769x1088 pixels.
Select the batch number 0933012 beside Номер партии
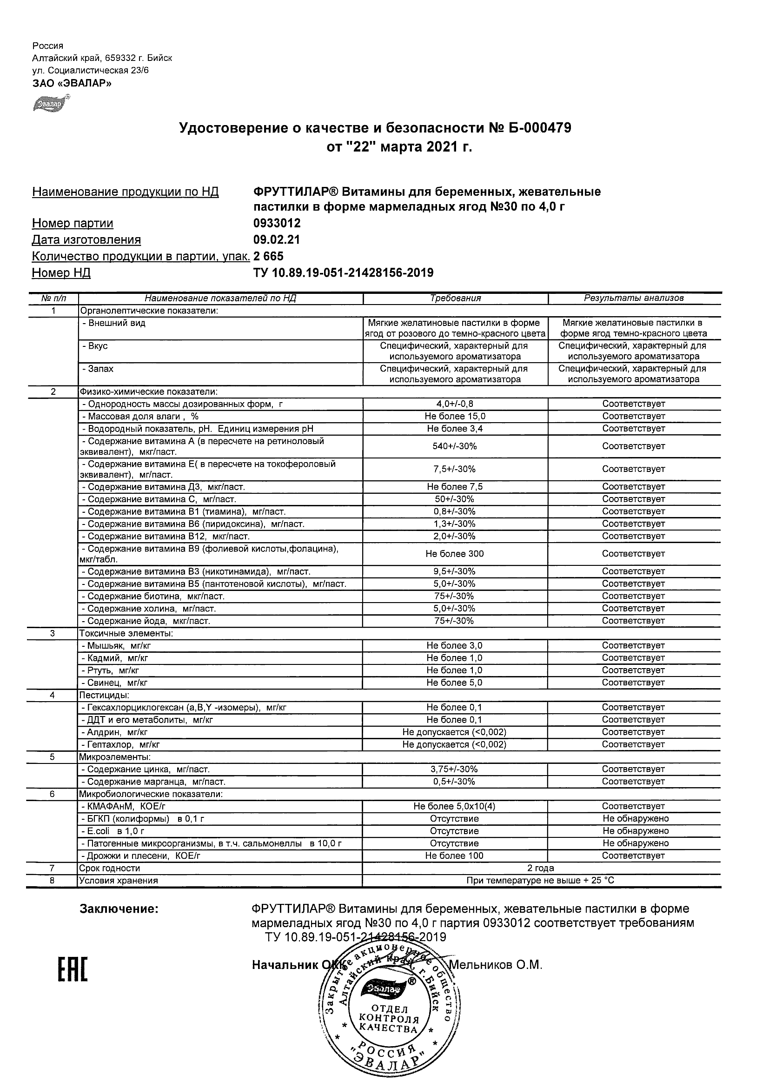pyautogui.click(x=277, y=223)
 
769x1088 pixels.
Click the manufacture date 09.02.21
pyautogui.click(x=277, y=240)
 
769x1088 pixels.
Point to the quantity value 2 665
pyautogui.click(x=268, y=256)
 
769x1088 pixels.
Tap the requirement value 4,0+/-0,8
pyautogui.click(x=455, y=404)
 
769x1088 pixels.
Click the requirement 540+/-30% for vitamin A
pyautogui.click(x=455, y=446)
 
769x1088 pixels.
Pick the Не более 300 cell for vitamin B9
pyautogui.click(x=455, y=554)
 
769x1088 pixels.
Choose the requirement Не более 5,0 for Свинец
pyautogui.click(x=455, y=683)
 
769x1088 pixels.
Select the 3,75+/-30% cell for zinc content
pyautogui.click(x=455, y=769)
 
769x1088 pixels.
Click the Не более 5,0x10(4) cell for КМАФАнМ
pyautogui.click(x=455, y=806)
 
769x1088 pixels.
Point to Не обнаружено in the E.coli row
pyautogui.click(x=636, y=831)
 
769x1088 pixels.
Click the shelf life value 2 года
pyautogui.click(x=541, y=868)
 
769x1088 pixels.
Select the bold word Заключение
pyautogui.click(x=119, y=909)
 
